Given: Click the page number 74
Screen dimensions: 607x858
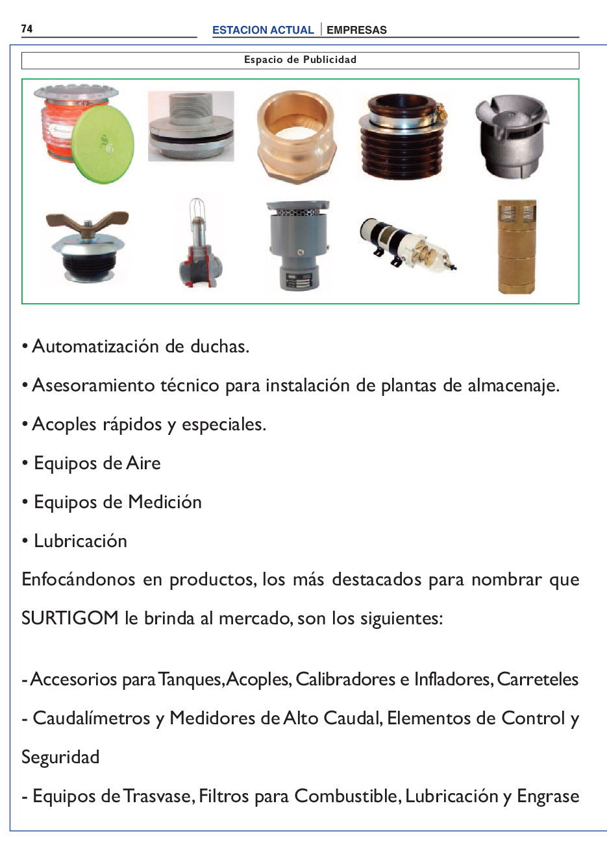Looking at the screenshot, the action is pos(27,29).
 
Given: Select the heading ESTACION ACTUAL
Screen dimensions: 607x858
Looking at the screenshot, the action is pos(263,30).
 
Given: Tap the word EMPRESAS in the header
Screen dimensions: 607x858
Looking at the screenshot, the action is pos(356,30).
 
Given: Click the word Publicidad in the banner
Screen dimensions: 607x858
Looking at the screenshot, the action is pos(330,60).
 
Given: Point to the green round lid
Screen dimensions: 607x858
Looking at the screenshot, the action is pos(103,144).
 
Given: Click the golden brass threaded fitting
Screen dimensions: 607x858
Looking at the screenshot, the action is pos(297,137).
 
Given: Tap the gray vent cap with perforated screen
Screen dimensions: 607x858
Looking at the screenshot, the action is pos(298,245).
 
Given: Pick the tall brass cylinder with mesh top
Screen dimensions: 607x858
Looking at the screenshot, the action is pos(517,246).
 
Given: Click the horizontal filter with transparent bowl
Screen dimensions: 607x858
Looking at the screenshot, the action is pos(408,244).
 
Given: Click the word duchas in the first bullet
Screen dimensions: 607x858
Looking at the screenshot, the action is pos(219,347).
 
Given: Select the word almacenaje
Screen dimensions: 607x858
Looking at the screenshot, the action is pos(514,386).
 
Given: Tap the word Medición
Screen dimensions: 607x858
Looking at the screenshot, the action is pos(165,502).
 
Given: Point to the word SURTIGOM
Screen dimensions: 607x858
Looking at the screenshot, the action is pos(69,619).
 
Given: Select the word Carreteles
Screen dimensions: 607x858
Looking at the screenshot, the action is pos(538,679).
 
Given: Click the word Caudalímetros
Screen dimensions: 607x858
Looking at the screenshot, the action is pos(91,718).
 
